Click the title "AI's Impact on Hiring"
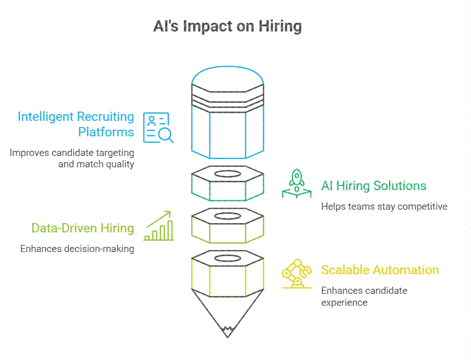227,26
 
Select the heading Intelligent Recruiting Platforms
76,124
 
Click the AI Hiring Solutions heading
373,185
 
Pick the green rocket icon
296,183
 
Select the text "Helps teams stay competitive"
384,206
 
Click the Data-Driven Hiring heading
83,228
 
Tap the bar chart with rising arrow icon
159,226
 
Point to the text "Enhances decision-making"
77,248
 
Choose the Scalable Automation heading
380,270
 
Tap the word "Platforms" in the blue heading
106,132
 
